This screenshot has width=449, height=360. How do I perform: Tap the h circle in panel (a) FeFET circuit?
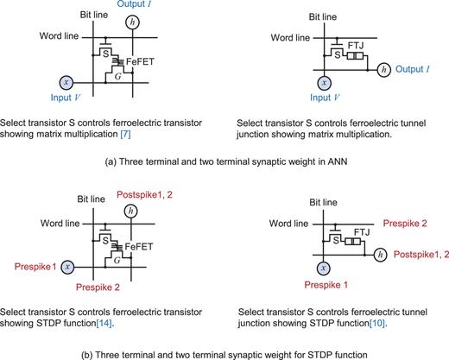pos(131,22)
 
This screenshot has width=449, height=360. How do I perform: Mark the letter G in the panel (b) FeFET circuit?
pos(117,261)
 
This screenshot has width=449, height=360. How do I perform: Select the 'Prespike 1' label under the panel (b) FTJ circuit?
pos(320,287)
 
